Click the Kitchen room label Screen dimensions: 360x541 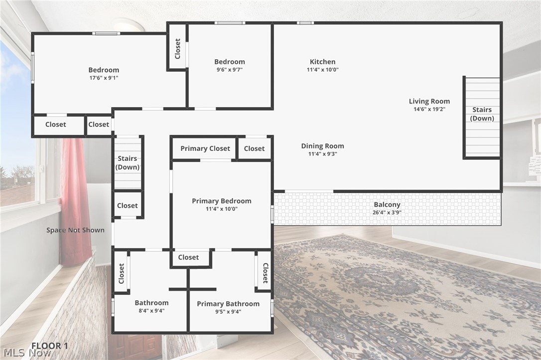click(x=322, y=62)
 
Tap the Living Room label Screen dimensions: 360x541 click(x=429, y=101)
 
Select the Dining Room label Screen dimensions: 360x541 click(x=322, y=146)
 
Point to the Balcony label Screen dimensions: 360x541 click(x=387, y=205)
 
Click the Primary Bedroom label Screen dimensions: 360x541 click(x=222, y=201)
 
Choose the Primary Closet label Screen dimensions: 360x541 click(x=205, y=148)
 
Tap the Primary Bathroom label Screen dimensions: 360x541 click(x=228, y=304)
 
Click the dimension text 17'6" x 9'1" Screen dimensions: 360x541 click(x=104, y=78)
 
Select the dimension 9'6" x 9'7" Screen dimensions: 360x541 click(x=230, y=70)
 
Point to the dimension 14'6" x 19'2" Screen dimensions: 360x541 click(x=429, y=109)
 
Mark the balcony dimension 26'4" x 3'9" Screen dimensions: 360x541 click(x=387, y=212)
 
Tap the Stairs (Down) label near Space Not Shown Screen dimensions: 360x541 click(x=128, y=163)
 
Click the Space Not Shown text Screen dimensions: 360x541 click(x=76, y=230)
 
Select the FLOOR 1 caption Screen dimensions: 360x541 click(x=50, y=346)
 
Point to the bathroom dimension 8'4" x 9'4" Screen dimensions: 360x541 click(x=151, y=311)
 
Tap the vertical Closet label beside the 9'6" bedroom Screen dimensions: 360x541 click(x=177, y=49)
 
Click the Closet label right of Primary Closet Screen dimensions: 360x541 click(x=254, y=148)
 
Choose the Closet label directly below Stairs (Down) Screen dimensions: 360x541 click(x=128, y=206)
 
